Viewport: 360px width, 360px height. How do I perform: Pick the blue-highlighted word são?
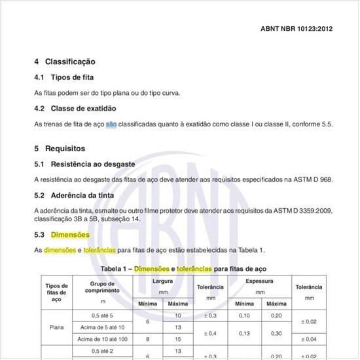click(x=111, y=124)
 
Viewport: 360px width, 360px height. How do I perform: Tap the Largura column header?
click(x=162, y=281)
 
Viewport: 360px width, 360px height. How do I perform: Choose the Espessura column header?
click(x=260, y=281)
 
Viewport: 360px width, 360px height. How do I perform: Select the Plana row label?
click(x=56, y=327)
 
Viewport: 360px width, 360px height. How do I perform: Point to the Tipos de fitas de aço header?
click(x=56, y=292)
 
